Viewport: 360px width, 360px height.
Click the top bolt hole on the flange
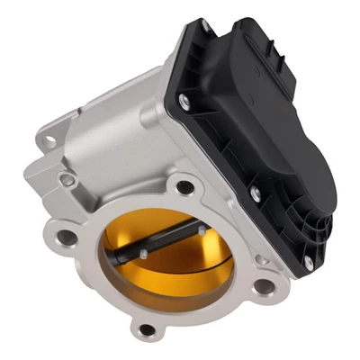184,187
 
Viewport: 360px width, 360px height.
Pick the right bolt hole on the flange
265,287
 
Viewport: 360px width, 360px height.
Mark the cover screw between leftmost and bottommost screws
256,190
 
